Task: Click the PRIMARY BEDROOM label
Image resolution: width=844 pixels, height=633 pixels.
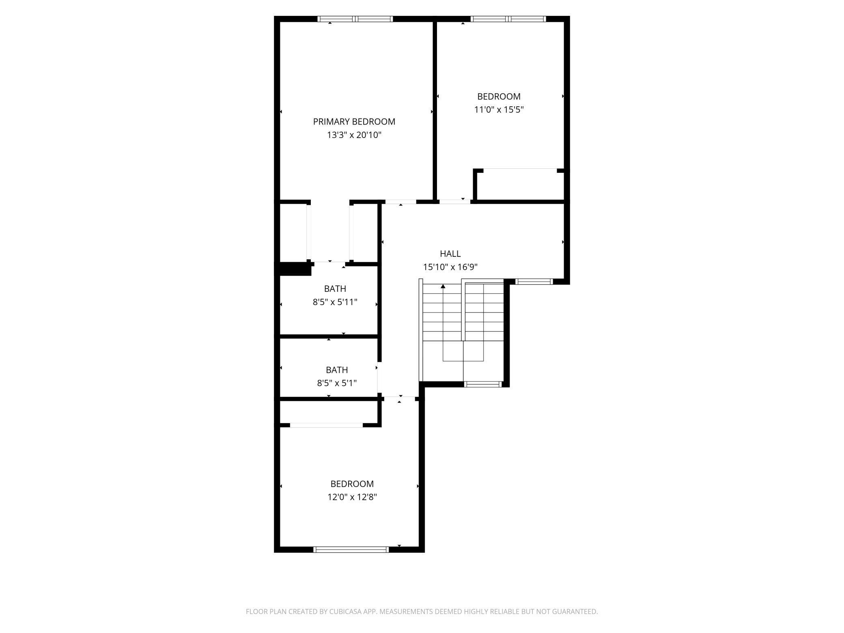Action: point(354,121)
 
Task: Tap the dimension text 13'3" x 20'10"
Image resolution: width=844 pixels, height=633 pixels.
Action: point(354,135)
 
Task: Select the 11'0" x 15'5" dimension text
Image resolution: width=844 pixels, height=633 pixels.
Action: point(499,110)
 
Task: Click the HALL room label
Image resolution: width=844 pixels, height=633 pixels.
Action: point(450,254)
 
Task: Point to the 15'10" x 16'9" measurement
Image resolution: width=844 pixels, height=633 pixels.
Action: point(450,267)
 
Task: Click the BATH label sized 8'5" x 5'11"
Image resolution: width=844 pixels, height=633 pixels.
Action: point(335,289)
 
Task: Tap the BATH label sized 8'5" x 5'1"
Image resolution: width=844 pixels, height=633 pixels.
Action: point(337,370)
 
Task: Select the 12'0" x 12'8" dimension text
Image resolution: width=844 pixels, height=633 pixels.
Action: point(352,497)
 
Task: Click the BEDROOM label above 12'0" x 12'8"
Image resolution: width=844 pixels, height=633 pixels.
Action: point(352,484)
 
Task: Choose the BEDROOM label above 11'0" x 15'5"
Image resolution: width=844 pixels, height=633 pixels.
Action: point(499,97)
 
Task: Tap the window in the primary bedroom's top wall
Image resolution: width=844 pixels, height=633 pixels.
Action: point(355,19)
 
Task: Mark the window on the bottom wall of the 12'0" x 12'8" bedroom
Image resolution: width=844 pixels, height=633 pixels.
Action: point(351,549)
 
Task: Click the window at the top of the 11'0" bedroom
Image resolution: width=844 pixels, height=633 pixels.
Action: point(508,19)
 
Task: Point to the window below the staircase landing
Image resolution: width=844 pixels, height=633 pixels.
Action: point(483,384)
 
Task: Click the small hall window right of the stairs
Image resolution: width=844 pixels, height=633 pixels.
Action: point(534,281)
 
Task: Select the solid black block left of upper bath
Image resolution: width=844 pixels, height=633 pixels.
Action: point(293,269)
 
